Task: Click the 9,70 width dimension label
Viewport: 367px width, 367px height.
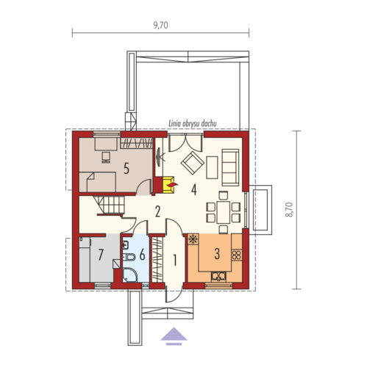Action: (161, 25)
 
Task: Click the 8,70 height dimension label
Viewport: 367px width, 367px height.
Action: (289, 210)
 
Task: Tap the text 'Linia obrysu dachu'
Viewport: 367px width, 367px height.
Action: (193, 123)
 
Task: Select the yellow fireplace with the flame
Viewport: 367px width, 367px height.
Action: (168, 185)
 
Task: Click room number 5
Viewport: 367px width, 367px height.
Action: (127, 169)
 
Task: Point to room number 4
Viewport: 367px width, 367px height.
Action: (194, 189)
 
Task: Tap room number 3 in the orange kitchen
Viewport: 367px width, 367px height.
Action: (217, 254)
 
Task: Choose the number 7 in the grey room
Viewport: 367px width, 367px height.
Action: (101, 255)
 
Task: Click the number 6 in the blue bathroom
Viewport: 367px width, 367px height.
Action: (142, 255)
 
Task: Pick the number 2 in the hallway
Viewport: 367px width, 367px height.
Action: (157, 211)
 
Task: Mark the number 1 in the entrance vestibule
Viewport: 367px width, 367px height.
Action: (175, 260)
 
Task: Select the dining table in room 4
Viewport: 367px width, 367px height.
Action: (224, 212)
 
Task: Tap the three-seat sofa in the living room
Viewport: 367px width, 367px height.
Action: (230, 167)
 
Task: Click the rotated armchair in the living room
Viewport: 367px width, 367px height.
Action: (193, 163)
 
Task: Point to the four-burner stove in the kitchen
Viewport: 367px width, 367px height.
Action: (237, 255)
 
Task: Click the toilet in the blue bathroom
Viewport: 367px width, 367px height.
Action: (129, 257)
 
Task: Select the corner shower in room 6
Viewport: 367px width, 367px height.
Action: (129, 275)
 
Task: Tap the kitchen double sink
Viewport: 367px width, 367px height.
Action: (219, 277)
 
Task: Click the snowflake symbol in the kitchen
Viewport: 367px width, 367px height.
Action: (193, 239)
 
